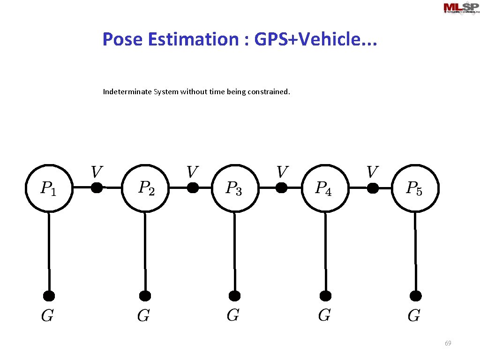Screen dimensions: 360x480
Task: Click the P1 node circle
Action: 48,188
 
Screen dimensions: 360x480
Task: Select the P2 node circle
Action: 145,188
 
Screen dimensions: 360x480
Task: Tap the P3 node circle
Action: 235,188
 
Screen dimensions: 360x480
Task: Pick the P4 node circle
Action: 324,188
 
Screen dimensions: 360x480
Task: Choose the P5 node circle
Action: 415,188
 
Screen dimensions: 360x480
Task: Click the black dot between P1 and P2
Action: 97,188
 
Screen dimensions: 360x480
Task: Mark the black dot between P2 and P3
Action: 192,188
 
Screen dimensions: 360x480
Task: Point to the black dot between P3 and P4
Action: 281,188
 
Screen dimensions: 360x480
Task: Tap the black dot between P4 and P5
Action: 372,188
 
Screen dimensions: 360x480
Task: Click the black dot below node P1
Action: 49,296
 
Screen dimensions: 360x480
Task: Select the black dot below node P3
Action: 235,296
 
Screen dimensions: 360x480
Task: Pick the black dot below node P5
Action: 415,296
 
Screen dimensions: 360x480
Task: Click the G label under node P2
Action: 143,316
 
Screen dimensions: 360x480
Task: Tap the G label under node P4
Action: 324,315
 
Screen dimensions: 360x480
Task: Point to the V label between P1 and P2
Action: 96,172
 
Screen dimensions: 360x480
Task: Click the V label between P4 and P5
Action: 372,172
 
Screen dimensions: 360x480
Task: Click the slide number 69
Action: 448,344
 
